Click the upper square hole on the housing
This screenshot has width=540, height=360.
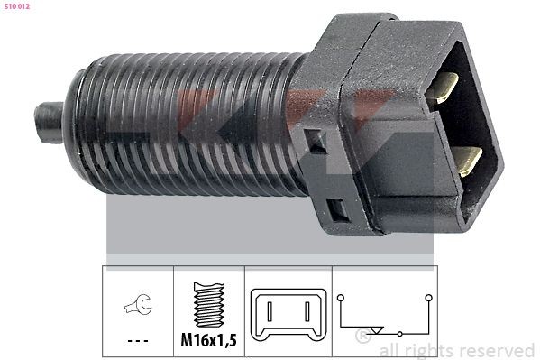click(315, 141)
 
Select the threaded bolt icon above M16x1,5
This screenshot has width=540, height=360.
click(209, 305)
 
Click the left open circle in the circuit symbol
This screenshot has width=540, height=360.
click(342, 297)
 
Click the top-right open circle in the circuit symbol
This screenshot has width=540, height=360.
click(429, 296)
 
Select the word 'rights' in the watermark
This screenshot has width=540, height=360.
click(430, 350)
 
